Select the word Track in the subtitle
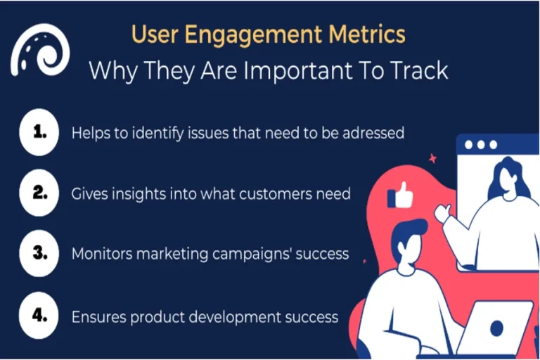420,71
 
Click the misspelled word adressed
371,132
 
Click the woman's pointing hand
442,212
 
